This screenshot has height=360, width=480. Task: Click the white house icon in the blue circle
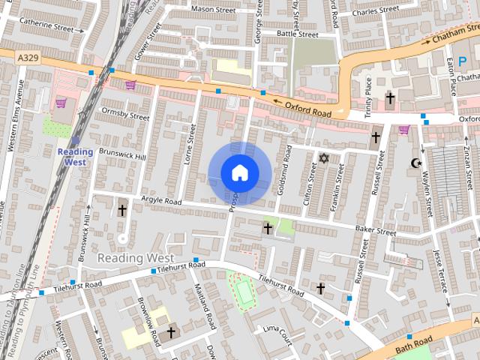[239, 173]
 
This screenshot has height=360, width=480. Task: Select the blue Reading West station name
[75, 157]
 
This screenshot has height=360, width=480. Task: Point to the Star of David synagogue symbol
[324, 158]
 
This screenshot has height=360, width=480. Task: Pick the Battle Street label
[297, 34]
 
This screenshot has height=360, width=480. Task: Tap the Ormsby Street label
[124, 113]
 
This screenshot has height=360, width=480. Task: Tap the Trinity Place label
[367, 97]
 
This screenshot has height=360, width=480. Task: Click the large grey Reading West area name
[136, 258]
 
